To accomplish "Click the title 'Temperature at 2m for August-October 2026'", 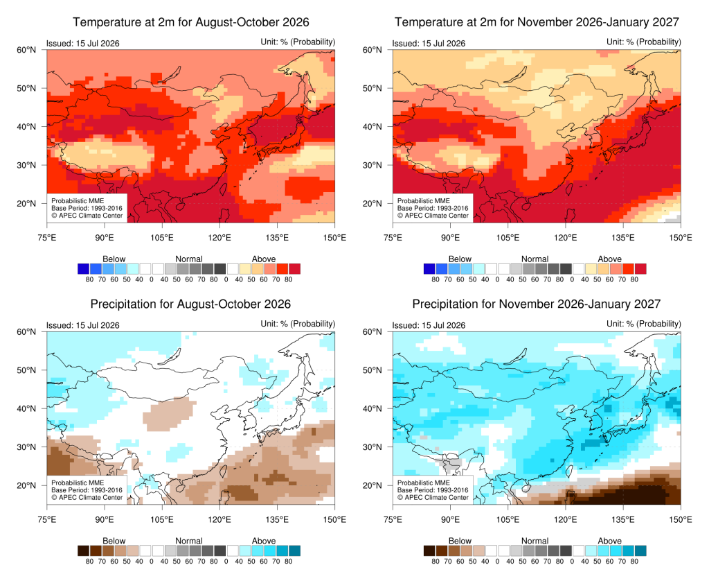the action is click(x=191, y=22).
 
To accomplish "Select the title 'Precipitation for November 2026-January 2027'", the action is click(x=537, y=304).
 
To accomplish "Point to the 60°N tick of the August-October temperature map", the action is click(x=26, y=50).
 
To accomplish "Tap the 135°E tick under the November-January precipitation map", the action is click(x=623, y=519).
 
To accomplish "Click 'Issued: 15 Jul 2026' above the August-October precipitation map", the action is click(x=83, y=325).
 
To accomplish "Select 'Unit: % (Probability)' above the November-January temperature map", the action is click(x=643, y=42).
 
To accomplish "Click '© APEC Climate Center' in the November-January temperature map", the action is click(x=433, y=216).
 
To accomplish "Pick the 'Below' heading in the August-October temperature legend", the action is click(x=114, y=259).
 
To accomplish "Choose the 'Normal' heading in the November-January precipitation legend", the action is click(x=535, y=541).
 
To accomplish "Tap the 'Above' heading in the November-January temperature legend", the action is click(x=609, y=259).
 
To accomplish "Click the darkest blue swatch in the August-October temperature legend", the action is click(x=84, y=269).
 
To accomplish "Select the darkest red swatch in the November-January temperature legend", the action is click(x=640, y=269).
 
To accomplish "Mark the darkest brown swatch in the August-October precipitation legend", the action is click(x=84, y=550).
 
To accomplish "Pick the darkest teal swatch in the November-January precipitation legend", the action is click(x=640, y=550).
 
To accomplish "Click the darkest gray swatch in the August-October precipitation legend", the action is click(x=220, y=550).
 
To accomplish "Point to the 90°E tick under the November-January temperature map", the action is click(x=450, y=238).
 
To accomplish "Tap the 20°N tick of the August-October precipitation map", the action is click(x=26, y=485).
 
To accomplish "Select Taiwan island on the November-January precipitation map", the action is click(x=569, y=471).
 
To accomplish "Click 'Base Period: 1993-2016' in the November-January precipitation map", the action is click(x=433, y=490).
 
